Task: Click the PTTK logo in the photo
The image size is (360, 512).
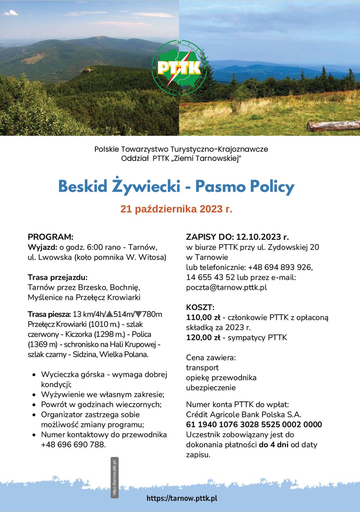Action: pos(179,67)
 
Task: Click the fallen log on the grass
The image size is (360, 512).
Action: pos(333,126)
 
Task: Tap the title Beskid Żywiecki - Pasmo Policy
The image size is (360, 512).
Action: pos(176,187)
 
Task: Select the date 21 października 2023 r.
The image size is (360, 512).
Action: pos(176,209)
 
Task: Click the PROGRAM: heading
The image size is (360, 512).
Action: pos(50,237)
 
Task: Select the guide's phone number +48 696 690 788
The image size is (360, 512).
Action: pos(73,445)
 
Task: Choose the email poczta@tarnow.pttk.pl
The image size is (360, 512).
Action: pos(226,288)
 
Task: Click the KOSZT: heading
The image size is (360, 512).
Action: pos(200,307)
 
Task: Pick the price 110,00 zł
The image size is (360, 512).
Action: pos(203,318)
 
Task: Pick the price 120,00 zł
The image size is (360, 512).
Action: pos(203,338)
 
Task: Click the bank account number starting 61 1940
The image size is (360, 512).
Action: pos(254,425)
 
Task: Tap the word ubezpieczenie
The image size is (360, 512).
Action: pos(211,388)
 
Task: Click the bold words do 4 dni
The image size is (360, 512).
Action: pos(274,445)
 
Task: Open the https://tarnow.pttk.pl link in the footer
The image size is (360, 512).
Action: pos(182,499)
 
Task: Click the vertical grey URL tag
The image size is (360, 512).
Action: pos(115,477)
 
